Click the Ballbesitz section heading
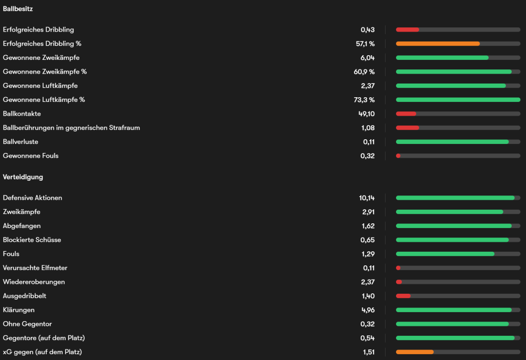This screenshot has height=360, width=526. tap(18, 9)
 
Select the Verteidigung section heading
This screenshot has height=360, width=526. tap(23, 177)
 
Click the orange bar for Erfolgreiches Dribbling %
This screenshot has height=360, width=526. tap(438, 44)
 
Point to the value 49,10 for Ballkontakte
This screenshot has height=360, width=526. tap(366, 114)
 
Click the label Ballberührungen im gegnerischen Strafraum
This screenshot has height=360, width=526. tap(71, 128)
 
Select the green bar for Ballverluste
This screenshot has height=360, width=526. tap(452, 142)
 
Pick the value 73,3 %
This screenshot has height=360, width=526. tap(365, 100)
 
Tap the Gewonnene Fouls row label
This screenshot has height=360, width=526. tap(31, 156)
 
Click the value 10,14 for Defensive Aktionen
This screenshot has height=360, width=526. tap(366, 198)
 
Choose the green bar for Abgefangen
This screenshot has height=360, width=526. tap(453, 226)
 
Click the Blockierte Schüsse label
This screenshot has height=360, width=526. tap(32, 240)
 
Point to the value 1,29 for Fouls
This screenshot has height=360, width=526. tap(368, 254)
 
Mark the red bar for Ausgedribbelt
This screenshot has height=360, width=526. tap(403, 296)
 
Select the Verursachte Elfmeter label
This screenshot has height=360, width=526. tap(35, 268)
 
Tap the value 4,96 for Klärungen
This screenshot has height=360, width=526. tap(368, 310)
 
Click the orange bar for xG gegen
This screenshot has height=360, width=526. tap(414, 352)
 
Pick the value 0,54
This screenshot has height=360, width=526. tap(368, 338)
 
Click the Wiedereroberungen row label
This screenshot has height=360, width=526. tap(34, 282)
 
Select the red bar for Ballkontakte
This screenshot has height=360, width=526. tap(406, 114)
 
